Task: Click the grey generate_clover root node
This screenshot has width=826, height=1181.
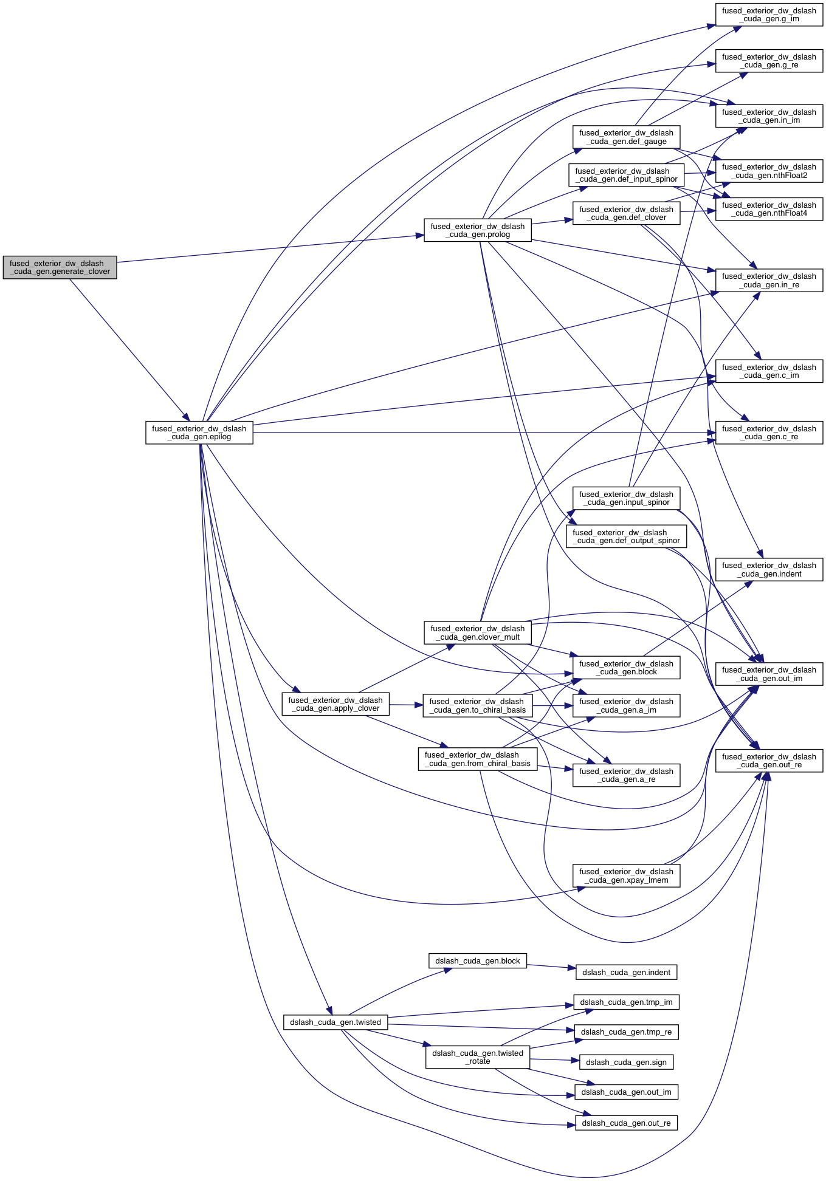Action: click(x=60, y=267)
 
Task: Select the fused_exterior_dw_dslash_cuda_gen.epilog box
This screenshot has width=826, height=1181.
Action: click(x=199, y=433)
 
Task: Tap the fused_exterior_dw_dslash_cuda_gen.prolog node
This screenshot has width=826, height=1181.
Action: click(x=477, y=230)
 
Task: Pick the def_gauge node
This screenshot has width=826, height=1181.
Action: click(x=626, y=137)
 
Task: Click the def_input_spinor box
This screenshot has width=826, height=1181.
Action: click(x=626, y=175)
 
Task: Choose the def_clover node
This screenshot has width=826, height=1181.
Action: click(x=626, y=213)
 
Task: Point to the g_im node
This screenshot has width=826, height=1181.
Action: click(x=769, y=15)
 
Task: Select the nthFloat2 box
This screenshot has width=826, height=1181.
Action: click(x=769, y=171)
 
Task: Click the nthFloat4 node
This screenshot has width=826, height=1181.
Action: click(x=769, y=209)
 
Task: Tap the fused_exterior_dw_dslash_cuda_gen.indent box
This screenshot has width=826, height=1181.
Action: click(x=769, y=570)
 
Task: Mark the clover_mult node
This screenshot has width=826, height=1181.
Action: click(x=477, y=633)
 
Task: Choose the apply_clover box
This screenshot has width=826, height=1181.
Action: click(x=335, y=704)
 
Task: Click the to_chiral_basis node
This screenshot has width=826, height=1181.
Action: click(x=477, y=705)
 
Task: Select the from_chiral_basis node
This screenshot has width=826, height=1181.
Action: click(x=477, y=759)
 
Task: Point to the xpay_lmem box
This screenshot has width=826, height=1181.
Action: click(x=626, y=876)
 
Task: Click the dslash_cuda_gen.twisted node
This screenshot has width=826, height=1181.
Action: click(x=335, y=1022)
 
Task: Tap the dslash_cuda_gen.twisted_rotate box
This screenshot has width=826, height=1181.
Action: click(x=477, y=1057)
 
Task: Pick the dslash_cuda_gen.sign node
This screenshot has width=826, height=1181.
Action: click(x=626, y=1063)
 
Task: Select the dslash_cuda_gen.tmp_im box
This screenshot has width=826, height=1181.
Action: click(x=626, y=1002)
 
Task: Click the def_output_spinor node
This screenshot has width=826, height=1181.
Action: click(x=626, y=536)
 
